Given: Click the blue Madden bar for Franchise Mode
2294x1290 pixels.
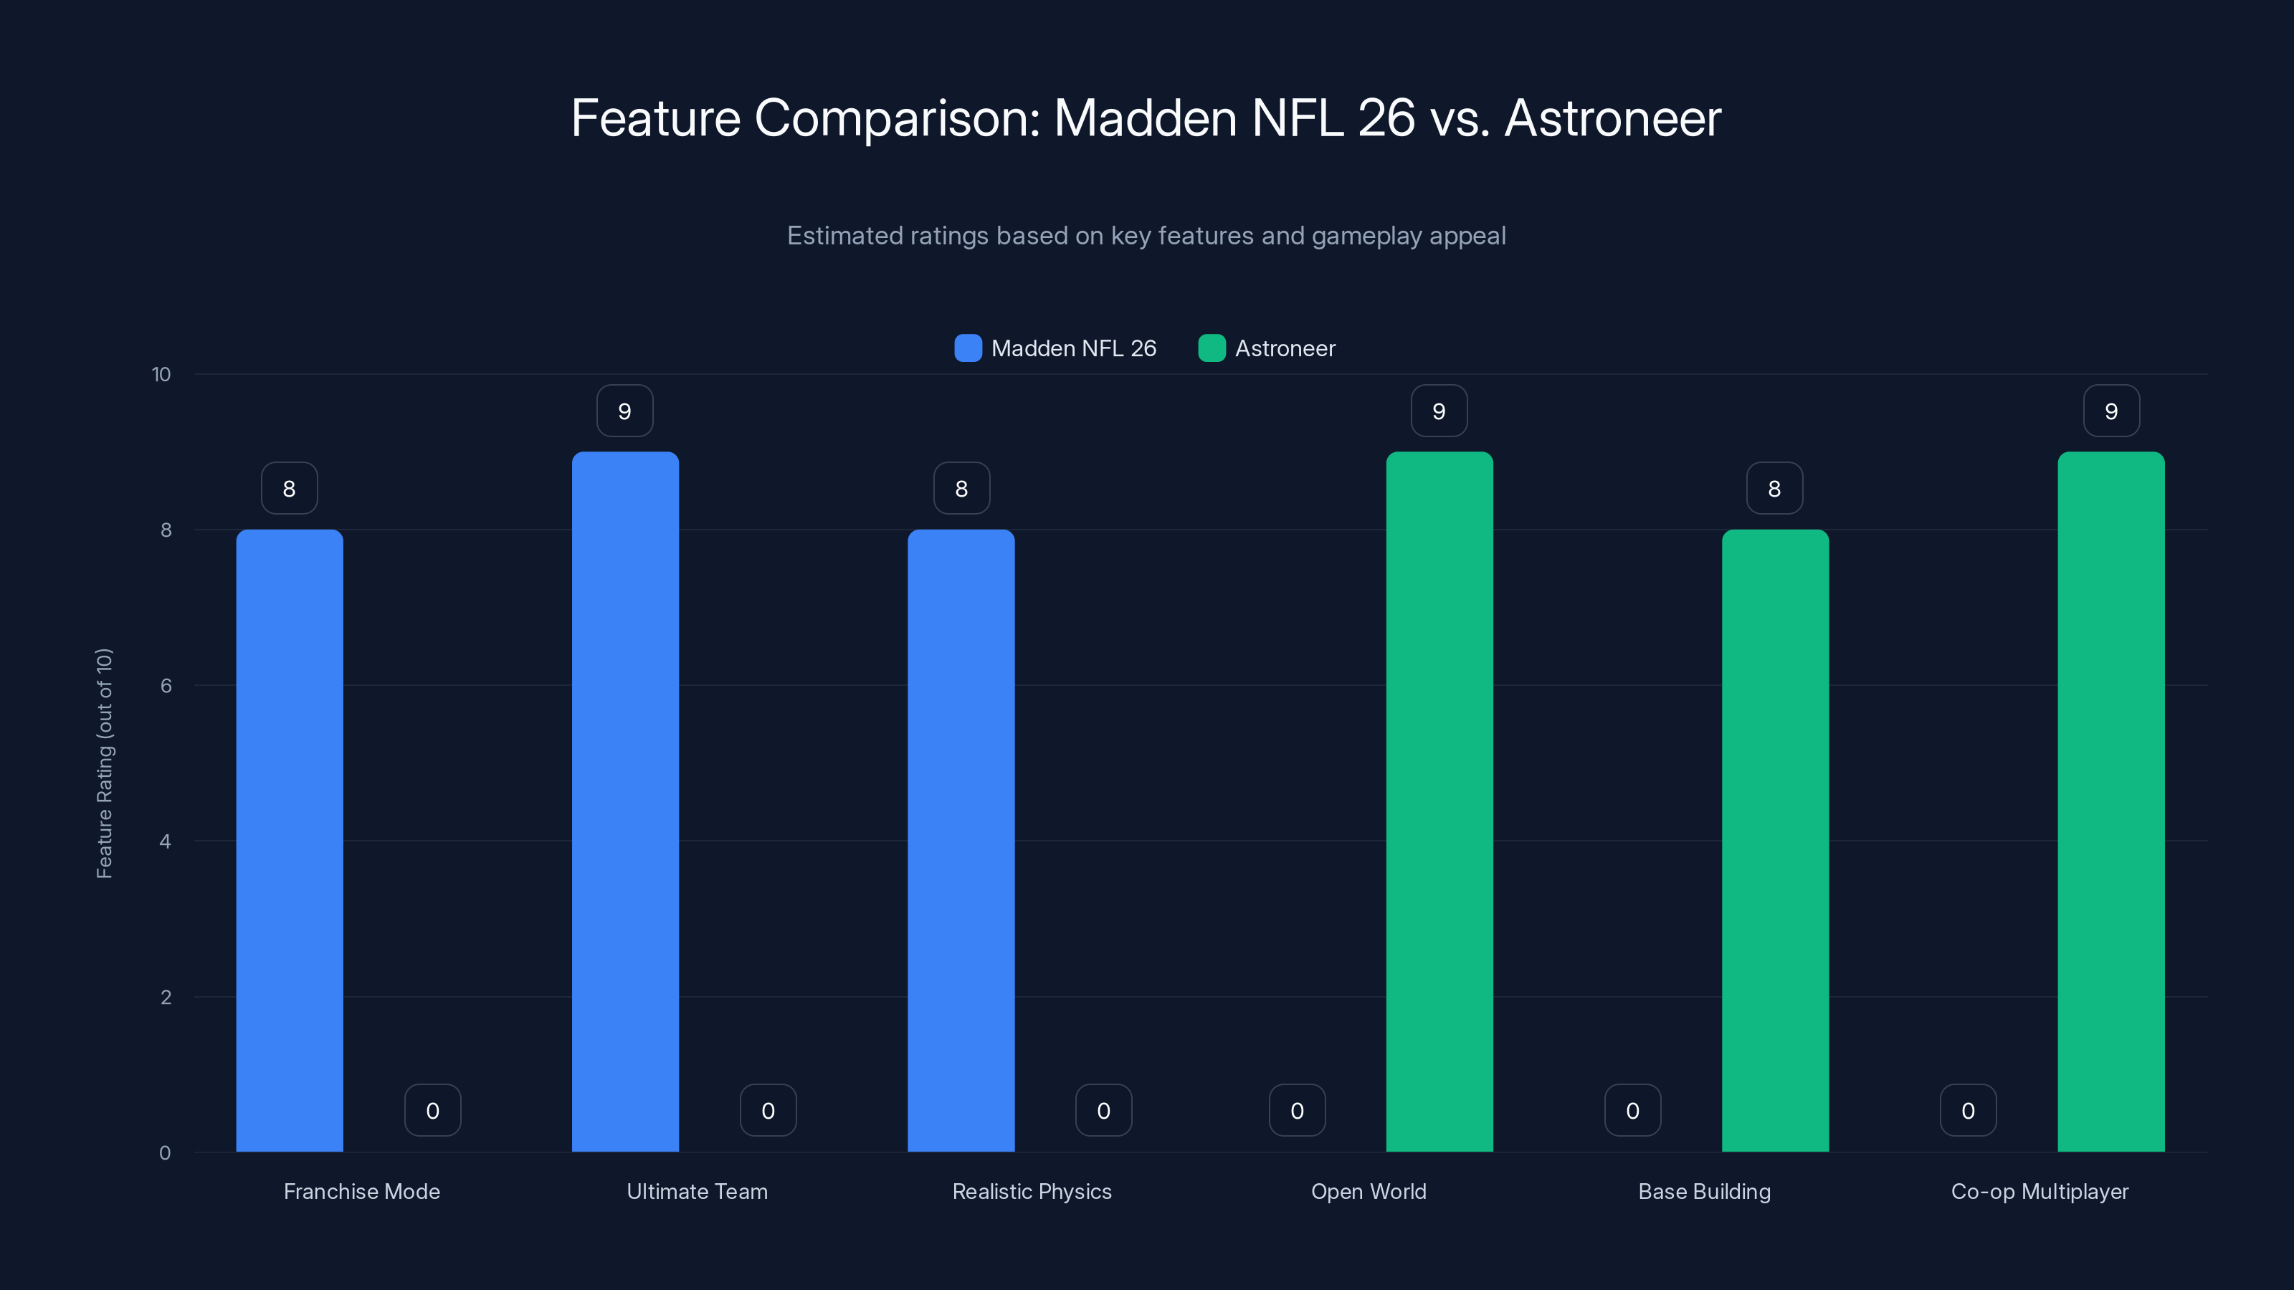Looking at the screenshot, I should coord(290,841).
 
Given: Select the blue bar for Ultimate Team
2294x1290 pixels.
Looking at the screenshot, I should coord(625,801).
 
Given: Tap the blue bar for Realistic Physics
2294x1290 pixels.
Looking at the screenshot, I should coord(961,841).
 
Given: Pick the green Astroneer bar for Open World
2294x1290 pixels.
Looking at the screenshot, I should coord(1439,801).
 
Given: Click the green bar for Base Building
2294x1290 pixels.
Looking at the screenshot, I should coord(1775,841).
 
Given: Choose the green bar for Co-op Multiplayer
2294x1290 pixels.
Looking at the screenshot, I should coord(2110,801).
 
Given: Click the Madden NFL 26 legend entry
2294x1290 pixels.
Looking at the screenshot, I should coord(1056,348).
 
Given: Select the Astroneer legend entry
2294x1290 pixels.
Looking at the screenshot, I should coord(1267,348).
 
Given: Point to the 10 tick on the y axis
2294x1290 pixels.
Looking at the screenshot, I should coord(161,375).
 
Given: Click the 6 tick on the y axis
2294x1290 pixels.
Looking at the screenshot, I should coord(166,686).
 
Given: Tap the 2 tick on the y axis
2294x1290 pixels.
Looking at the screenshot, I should coord(166,997).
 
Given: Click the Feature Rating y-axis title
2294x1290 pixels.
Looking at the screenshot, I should coord(104,763).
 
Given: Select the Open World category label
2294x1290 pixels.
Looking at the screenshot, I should coord(1369,1191).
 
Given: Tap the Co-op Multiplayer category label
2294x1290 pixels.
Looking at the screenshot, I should coord(2040,1191).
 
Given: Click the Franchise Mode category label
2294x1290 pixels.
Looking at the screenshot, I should coord(361,1191).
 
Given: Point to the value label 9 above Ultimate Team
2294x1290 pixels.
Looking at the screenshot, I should coord(625,411).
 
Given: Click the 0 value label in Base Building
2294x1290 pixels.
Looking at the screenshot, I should coord(1632,1110).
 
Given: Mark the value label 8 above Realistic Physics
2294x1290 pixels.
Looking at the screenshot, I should coord(961,489).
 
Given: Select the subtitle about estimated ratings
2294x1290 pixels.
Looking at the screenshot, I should coord(1146,236).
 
